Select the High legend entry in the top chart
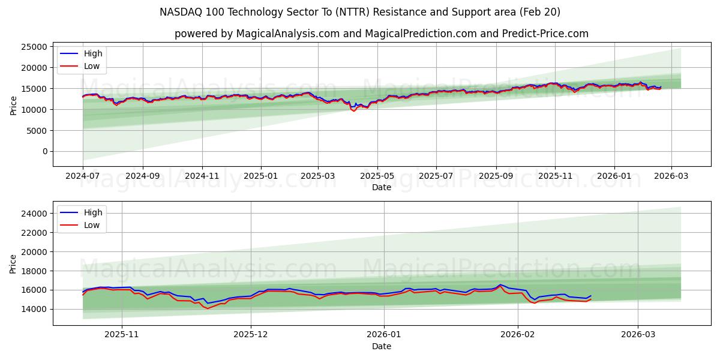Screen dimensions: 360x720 (x=93, y=53)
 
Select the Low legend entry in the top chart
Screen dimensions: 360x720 (x=92, y=66)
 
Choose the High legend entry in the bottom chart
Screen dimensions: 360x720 (x=93, y=212)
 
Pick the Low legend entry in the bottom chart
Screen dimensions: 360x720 (x=92, y=225)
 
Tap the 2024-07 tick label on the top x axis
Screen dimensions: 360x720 (x=83, y=176)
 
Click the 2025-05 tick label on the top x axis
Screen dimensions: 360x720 (x=377, y=176)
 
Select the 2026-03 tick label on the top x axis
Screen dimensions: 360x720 (x=671, y=176)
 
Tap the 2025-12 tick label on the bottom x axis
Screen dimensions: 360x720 (x=251, y=335)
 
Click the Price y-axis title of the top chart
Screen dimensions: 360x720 (x=13, y=105)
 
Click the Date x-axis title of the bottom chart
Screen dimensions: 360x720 (x=382, y=346)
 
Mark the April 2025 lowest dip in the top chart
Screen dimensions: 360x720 (x=354, y=110)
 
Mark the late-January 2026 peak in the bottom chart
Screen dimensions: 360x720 (x=500, y=285)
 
